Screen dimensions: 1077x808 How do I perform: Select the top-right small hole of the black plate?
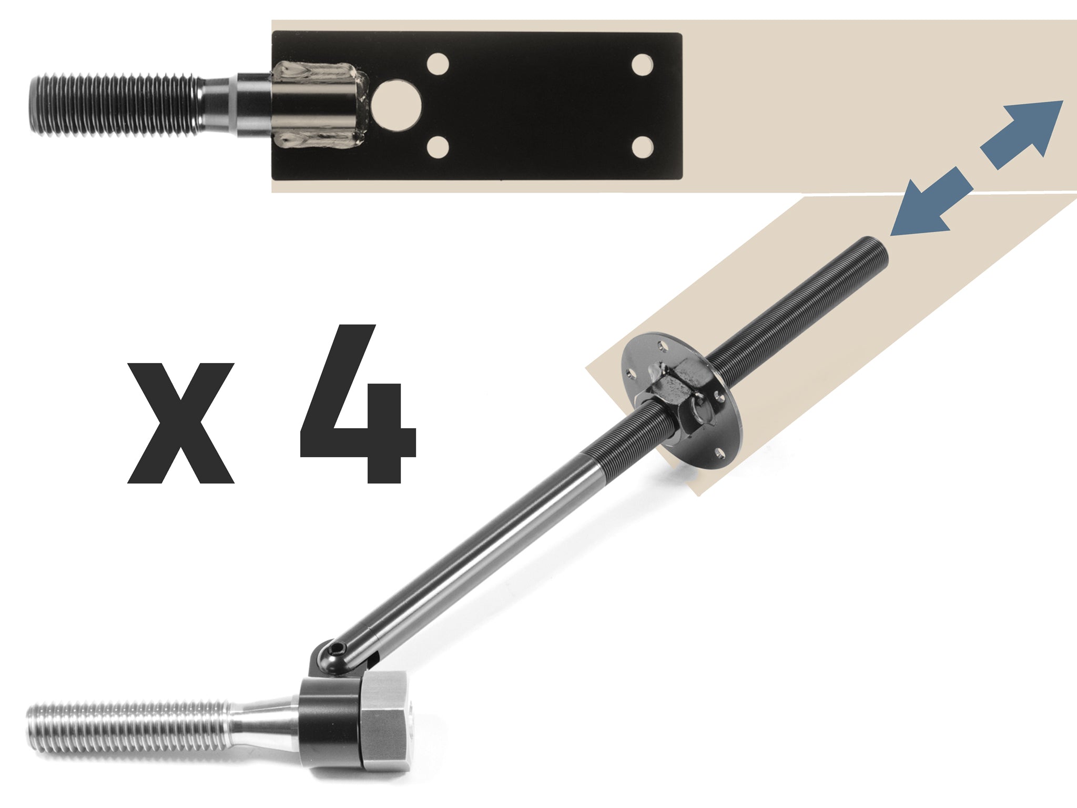pyautogui.click(x=642, y=65)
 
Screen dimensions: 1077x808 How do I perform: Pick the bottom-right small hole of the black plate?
pyautogui.click(x=642, y=147)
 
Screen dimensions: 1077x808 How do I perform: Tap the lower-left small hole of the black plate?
pyautogui.click(x=438, y=147)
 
